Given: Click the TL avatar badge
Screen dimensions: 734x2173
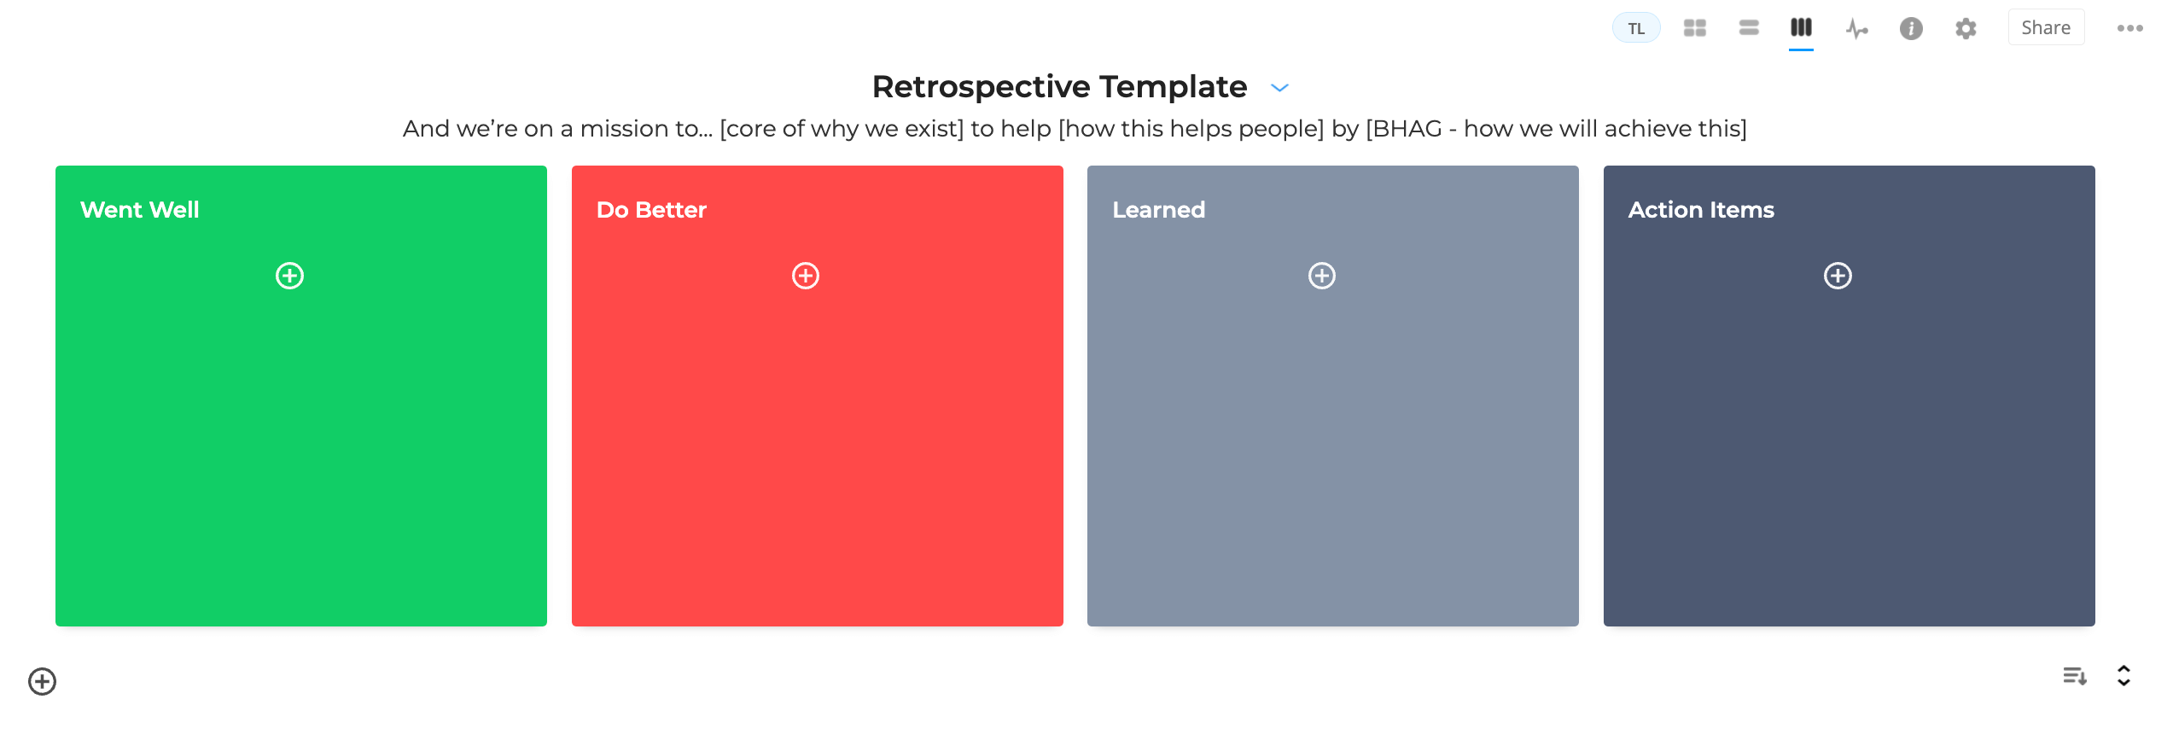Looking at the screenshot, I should click(1635, 28).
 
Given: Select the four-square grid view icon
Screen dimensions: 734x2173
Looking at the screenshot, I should click(1694, 28).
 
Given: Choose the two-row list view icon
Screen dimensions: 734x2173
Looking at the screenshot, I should click(1748, 28).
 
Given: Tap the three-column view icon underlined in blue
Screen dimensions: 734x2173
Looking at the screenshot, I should click(1801, 28).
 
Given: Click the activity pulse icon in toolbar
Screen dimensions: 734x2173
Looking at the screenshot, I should click(1856, 29).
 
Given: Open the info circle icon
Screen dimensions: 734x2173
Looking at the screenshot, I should click(1911, 29).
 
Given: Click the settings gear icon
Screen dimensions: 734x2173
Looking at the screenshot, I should click(1966, 29).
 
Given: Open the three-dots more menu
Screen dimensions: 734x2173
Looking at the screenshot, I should click(2129, 28).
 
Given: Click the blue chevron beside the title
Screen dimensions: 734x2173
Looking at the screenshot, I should click(1279, 88).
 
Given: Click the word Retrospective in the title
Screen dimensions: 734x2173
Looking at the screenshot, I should click(981, 87).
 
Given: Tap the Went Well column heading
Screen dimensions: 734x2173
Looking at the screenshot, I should click(139, 210).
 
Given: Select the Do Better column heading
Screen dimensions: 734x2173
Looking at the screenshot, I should click(651, 210).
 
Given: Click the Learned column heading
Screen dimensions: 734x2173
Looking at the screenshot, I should click(1158, 210).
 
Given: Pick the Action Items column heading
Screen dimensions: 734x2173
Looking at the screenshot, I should click(1700, 210).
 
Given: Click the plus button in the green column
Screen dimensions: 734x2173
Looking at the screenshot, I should click(289, 276).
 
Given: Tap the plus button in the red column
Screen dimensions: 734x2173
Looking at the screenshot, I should click(805, 276).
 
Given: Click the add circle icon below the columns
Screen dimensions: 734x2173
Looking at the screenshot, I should click(42, 681).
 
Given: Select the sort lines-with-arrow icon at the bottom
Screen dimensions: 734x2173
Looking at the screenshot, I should click(2074, 677).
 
